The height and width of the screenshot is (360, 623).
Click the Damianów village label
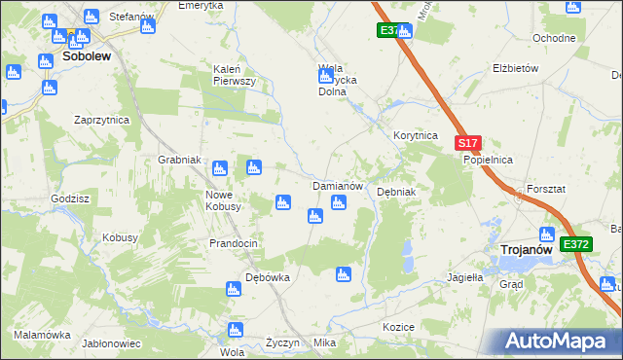coord(337,185)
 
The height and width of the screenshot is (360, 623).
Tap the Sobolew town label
coord(86,56)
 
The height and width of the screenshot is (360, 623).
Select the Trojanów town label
coord(527,250)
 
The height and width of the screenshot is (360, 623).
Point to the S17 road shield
coord(467,143)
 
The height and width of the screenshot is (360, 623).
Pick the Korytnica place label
coord(416,136)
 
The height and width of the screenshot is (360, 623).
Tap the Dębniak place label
coord(396,192)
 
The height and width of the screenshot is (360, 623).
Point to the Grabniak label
coord(179,160)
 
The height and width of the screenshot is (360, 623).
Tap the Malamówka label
coord(43,334)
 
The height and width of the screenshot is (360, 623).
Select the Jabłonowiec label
coord(112,343)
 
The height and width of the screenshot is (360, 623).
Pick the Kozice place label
coord(399,327)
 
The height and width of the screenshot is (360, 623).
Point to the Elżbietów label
coord(516,69)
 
